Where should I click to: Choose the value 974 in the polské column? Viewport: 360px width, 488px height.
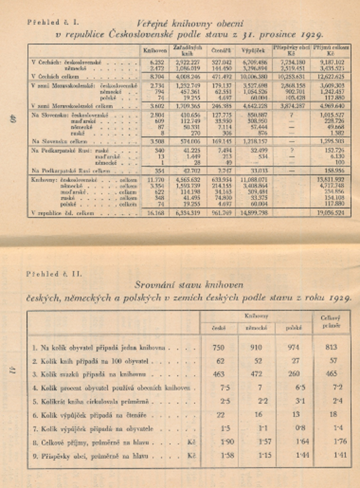click(x=292, y=347)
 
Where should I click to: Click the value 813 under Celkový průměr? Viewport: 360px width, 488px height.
click(x=330, y=347)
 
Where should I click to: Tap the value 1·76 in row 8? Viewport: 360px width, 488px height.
click(x=330, y=441)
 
